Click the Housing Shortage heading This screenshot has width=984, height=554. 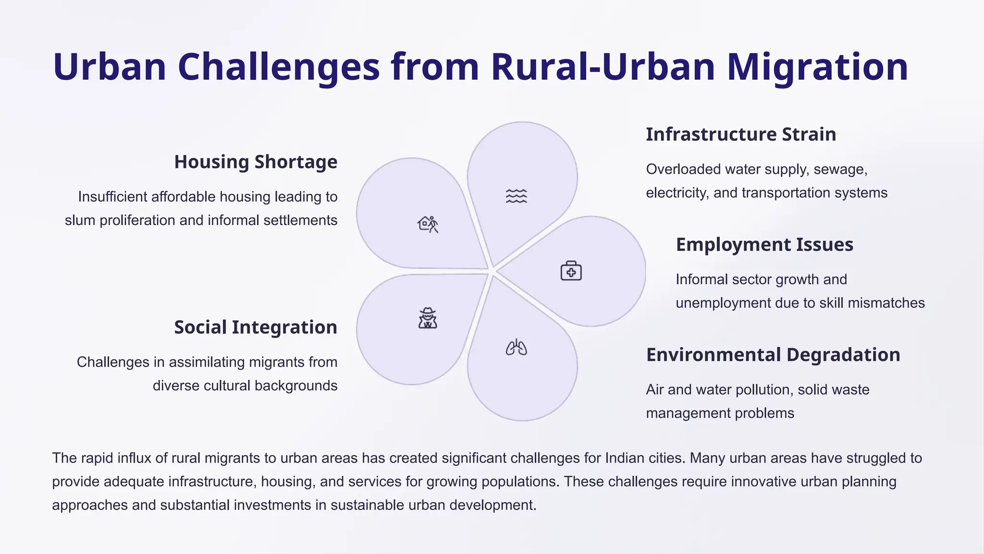click(256, 162)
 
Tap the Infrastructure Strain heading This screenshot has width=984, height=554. click(740, 135)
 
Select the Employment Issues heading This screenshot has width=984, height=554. click(764, 245)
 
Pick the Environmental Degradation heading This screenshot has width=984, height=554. click(773, 355)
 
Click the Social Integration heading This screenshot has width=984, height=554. click(256, 327)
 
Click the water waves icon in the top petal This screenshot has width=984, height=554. click(516, 196)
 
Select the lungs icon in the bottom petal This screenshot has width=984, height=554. click(516, 347)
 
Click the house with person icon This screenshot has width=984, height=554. click(428, 224)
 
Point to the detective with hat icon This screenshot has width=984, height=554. click(427, 318)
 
